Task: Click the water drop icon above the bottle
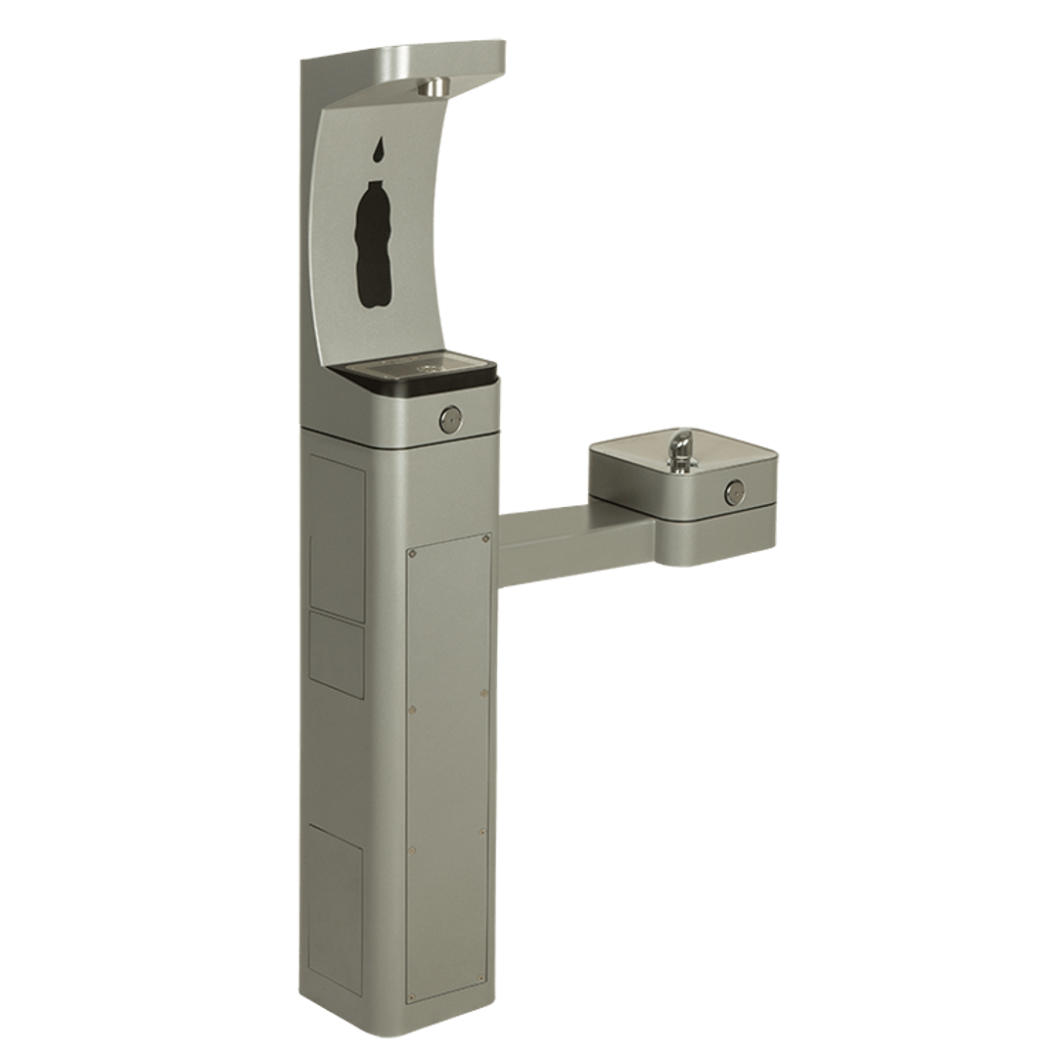pyautogui.click(x=377, y=151)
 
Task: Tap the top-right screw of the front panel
pyautogui.click(x=486, y=537)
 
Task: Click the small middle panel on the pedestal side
pyautogui.click(x=337, y=653)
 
